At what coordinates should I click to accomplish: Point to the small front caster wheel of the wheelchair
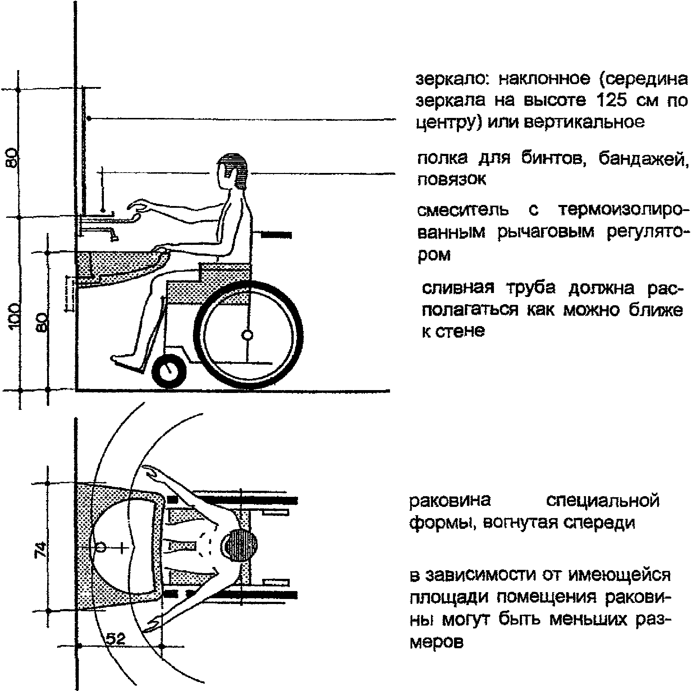pos(169,370)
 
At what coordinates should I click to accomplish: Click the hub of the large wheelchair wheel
pos(247,335)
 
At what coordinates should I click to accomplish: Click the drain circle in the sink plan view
pos(101,547)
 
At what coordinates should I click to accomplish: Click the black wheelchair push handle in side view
pos(276,235)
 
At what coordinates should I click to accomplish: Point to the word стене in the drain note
pos(460,331)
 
